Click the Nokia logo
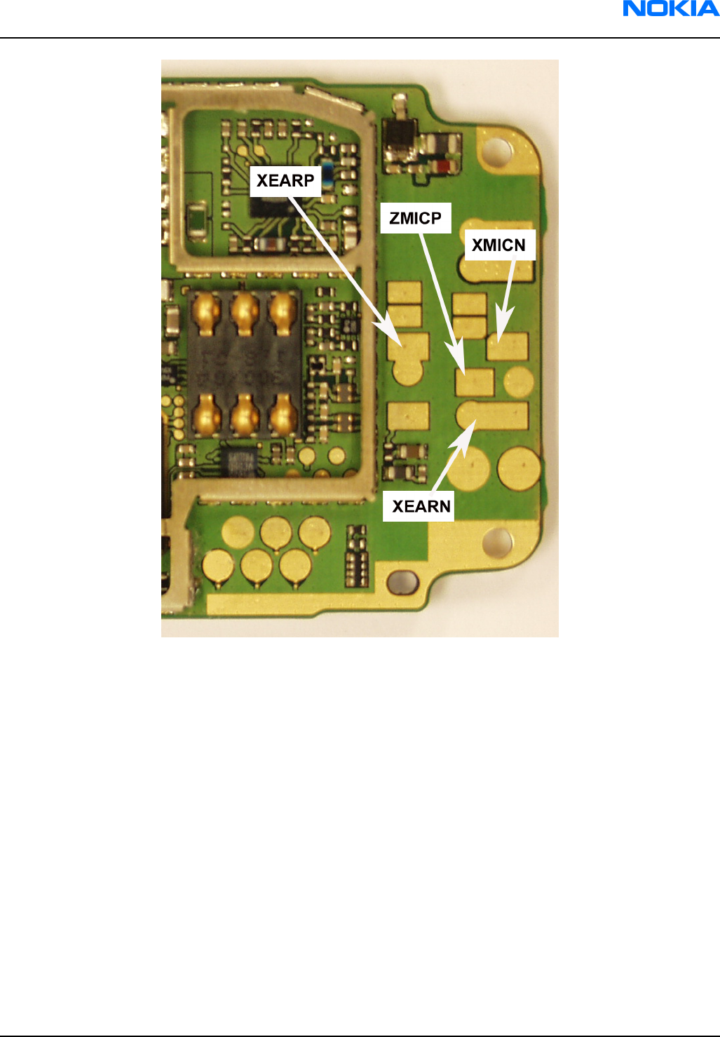click(671, 8)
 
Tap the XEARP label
click(285, 181)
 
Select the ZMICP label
click(416, 218)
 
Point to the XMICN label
click(499, 245)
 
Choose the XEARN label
click(421, 506)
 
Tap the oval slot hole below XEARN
click(402, 581)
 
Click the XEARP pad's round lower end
click(408, 370)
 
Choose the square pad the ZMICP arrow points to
click(475, 382)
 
